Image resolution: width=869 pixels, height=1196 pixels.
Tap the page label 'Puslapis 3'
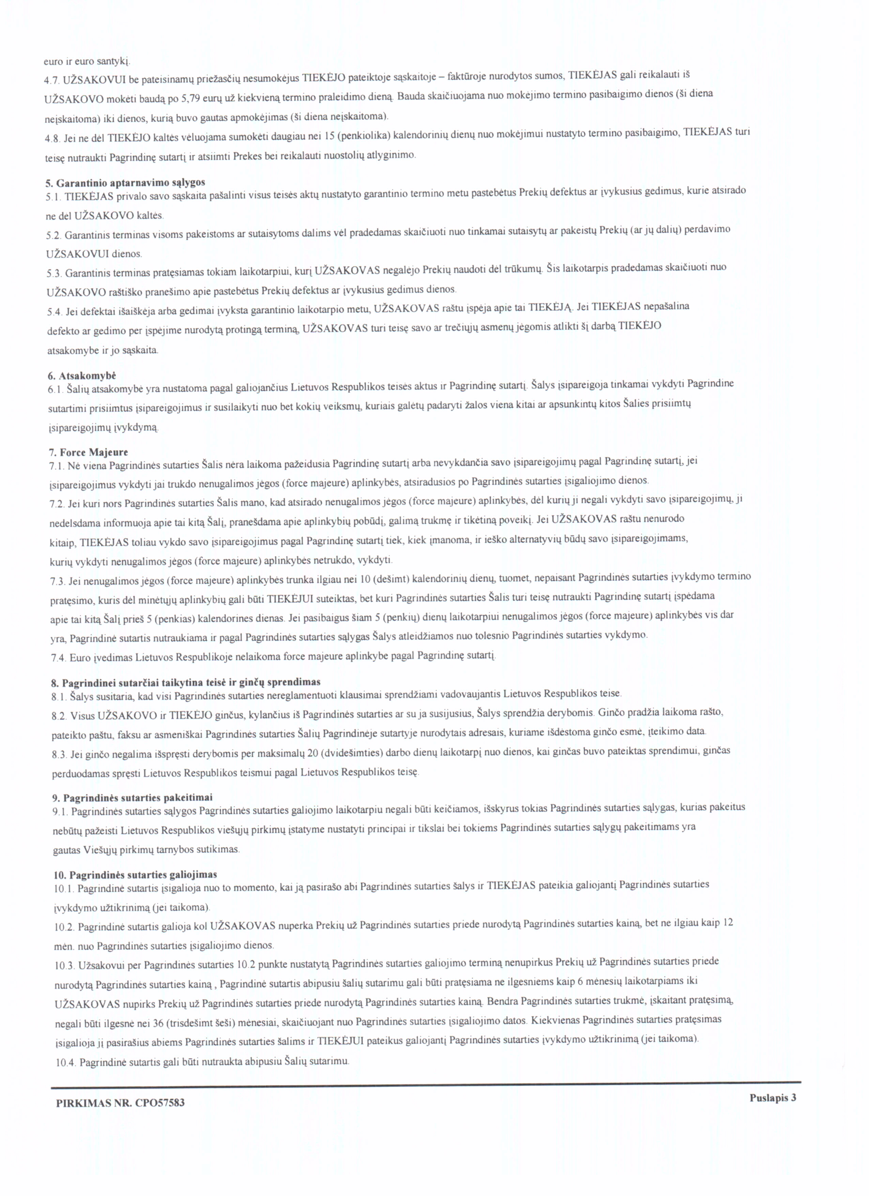click(773, 1098)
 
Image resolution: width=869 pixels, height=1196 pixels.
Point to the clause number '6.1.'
click(55, 389)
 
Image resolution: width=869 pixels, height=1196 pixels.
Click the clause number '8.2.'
click(59, 716)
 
